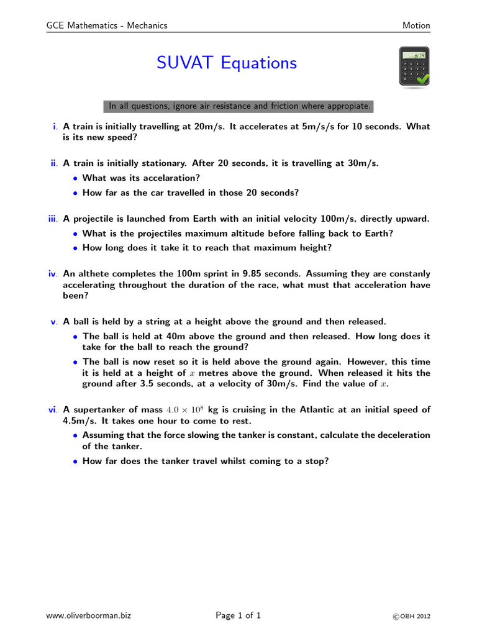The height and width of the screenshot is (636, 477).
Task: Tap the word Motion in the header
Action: pyautogui.click(x=416, y=25)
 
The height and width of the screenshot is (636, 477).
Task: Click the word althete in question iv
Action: pyautogui.click(x=93, y=273)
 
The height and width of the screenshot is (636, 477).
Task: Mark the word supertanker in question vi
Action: pyautogui.click(x=99, y=409)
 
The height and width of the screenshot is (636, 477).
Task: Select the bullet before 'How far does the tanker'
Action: pyautogui.click(x=76, y=461)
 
